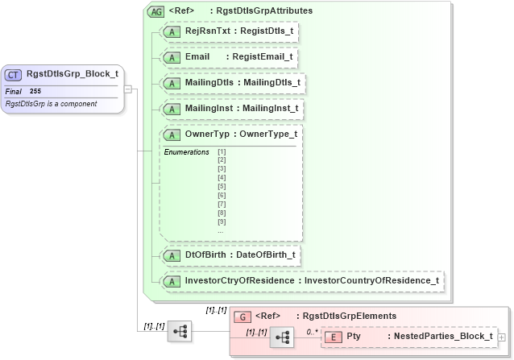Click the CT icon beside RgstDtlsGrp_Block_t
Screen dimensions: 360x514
point(14,75)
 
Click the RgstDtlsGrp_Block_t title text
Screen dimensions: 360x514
point(73,75)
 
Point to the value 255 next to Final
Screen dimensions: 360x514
point(35,91)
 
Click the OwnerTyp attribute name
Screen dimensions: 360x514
point(208,134)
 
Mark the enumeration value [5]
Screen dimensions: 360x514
point(222,186)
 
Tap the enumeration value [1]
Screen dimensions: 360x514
point(222,151)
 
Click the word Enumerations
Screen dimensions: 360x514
point(186,151)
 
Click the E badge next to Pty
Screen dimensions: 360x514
point(332,336)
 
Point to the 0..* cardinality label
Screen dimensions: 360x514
point(312,331)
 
